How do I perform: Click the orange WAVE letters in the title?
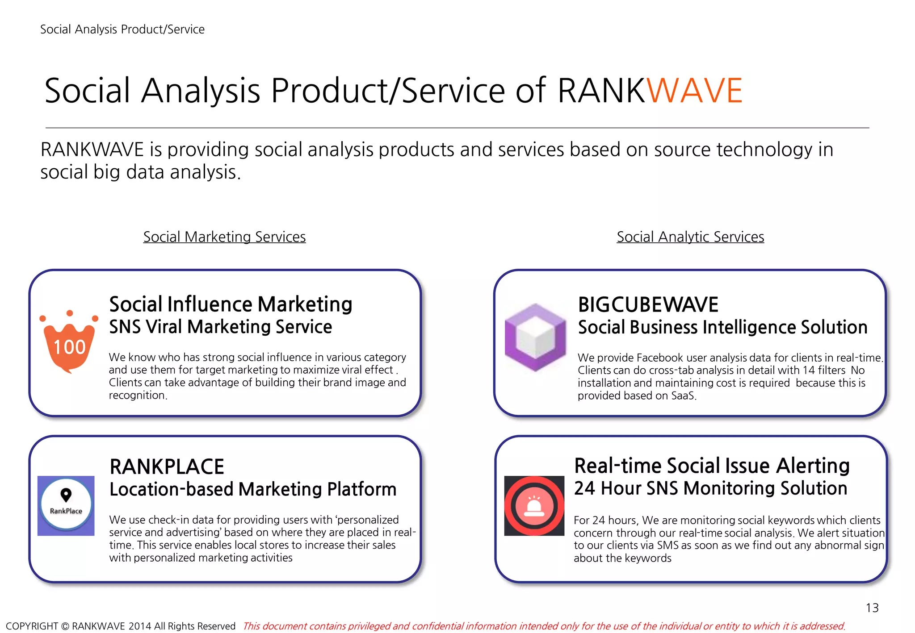[x=694, y=91]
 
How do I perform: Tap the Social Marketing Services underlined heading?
[x=224, y=237]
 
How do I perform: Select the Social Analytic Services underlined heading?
[x=690, y=237]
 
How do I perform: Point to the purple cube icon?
[x=535, y=337]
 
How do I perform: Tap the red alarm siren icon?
[x=534, y=506]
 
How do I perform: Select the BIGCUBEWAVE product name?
[x=648, y=305]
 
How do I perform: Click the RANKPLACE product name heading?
[x=167, y=467]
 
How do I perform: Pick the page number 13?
[x=872, y=608]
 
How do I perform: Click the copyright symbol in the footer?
[x=65, y=626]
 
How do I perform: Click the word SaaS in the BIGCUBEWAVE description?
[x=683, y=396]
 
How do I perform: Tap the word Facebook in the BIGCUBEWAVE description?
[x=660, y=358]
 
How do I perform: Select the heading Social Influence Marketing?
[x=231, y=304]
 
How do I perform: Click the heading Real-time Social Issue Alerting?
[x=712, y=466]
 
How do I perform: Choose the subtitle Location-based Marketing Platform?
[x=253, y=489]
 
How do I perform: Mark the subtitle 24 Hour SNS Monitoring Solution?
[x=710, y=488]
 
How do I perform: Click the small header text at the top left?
[x=122, y=29]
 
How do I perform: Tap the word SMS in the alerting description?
[x=667, y=546]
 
